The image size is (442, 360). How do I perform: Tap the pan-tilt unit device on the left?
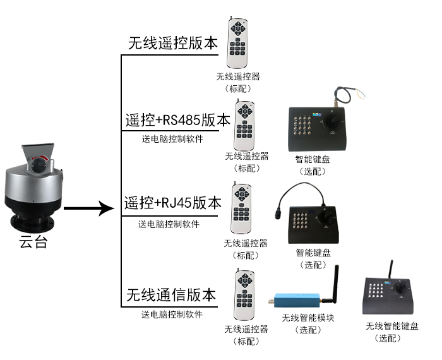[35, 189]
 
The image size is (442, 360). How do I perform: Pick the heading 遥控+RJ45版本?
[173, 203]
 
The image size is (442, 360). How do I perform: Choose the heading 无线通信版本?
[171, 295]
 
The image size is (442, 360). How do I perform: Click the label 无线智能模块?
[308, 318]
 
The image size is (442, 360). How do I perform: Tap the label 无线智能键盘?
[391, 327]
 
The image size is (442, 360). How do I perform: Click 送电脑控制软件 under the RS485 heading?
[172, 139]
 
